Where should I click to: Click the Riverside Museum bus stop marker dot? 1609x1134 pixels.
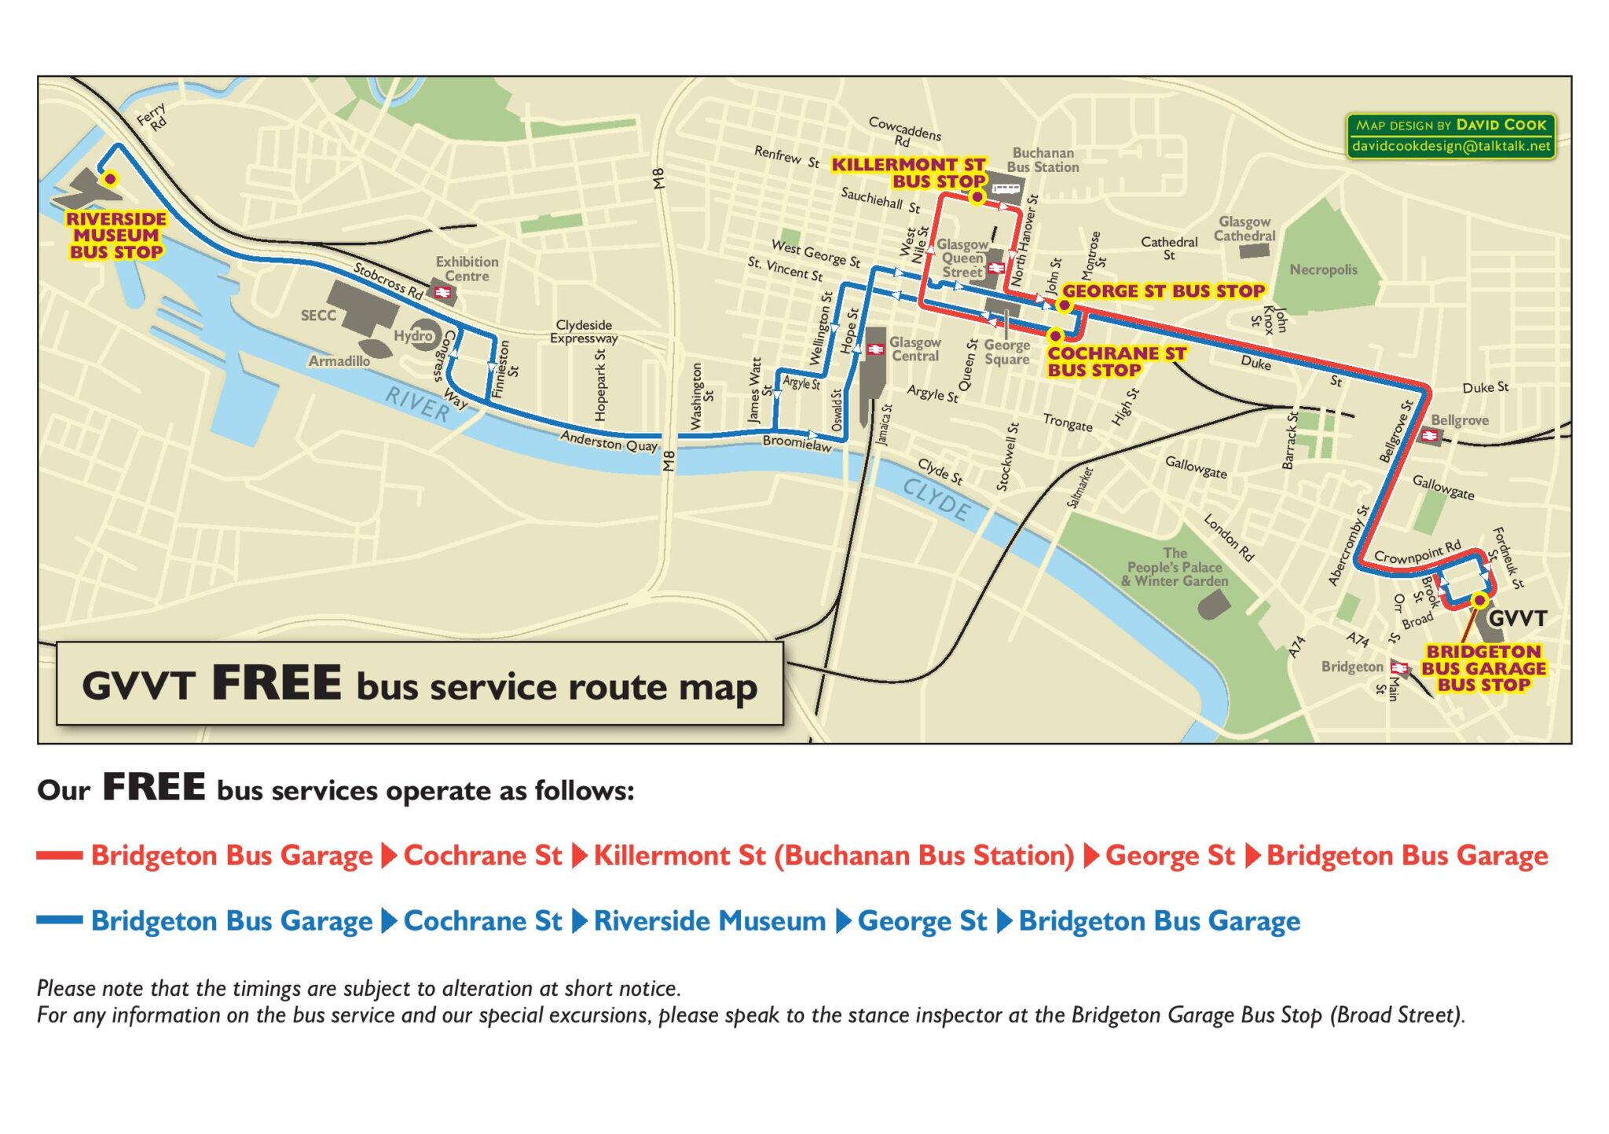[x=111, y=179]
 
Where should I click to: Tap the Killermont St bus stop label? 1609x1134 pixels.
[x=909, y=173]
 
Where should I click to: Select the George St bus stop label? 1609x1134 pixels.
[x=1164, y=291]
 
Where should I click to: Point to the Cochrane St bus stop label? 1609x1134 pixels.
[x=1116, y=362]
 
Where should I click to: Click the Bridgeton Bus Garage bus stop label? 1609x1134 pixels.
[x=1483, y=668]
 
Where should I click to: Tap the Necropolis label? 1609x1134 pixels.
[x=1323, y=270]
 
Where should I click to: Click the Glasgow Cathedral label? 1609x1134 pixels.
[x=1244, y=229]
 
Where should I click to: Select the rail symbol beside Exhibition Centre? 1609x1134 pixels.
[x=443, y=293]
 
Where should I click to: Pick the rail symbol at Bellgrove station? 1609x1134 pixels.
[x=1429, y=436]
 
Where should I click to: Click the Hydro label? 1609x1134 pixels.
[x=413, y=336]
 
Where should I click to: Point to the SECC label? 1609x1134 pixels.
[x=318, y=316]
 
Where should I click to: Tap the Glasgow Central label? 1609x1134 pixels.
[x=914, y=349]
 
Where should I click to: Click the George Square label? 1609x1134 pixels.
[x=1006, y=352]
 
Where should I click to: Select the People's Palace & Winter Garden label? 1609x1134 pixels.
[x=1175, y=567]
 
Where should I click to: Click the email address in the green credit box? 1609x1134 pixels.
[x=1451, y=146]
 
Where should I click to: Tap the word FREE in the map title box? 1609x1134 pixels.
[x=277, y=682]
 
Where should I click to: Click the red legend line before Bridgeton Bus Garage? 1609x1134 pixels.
[x=60, y=855]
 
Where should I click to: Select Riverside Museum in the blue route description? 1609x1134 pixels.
[x=709, y=920]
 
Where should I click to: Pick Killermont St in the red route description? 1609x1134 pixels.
[x=680, y=855]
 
